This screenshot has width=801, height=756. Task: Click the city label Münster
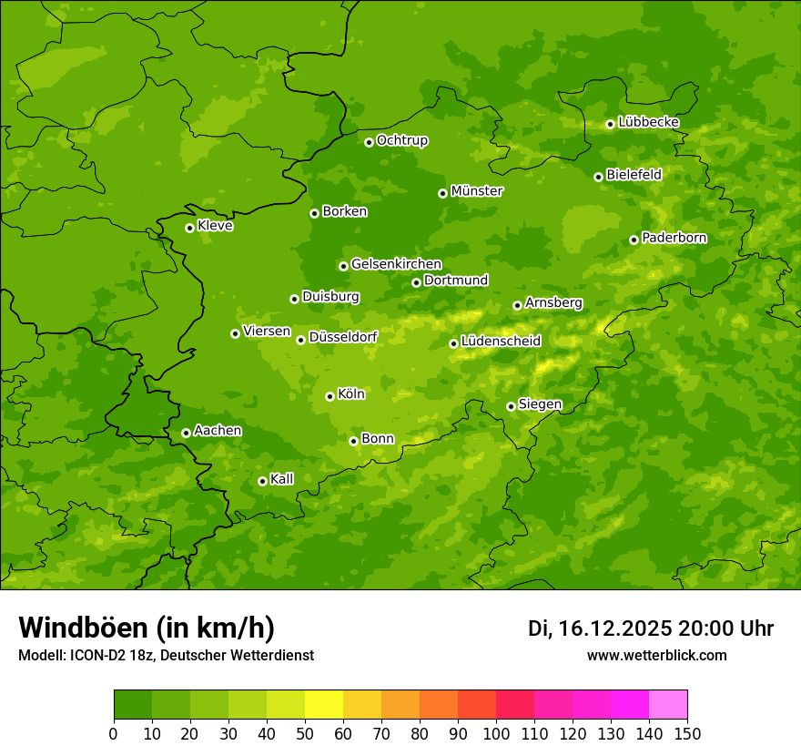477,191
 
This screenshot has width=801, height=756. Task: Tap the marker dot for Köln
330,396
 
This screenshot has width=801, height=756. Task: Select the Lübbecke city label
648,122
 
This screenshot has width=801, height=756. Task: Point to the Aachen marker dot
186,433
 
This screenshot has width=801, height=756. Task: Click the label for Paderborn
674,238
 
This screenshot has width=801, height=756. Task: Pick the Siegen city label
540,404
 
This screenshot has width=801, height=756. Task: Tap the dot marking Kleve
189,228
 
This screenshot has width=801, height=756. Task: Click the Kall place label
282,479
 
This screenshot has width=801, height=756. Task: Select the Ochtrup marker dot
369,142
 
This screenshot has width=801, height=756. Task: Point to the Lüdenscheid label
501,342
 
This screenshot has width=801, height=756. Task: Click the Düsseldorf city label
343,337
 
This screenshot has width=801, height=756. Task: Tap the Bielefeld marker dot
598,177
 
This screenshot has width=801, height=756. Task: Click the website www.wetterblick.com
656,655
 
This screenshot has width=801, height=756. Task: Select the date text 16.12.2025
615,628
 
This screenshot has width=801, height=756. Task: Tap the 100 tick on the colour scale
496,734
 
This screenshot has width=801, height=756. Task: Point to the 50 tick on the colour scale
305,734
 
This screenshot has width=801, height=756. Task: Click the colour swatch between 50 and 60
324,705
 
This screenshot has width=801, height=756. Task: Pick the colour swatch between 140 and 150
668,705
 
